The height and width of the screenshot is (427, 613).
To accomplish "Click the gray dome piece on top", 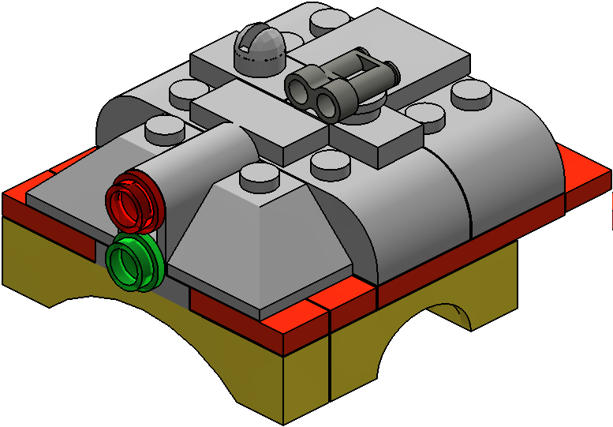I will click(262, 49).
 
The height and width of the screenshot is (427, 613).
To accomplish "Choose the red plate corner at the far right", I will click(588, 178).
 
